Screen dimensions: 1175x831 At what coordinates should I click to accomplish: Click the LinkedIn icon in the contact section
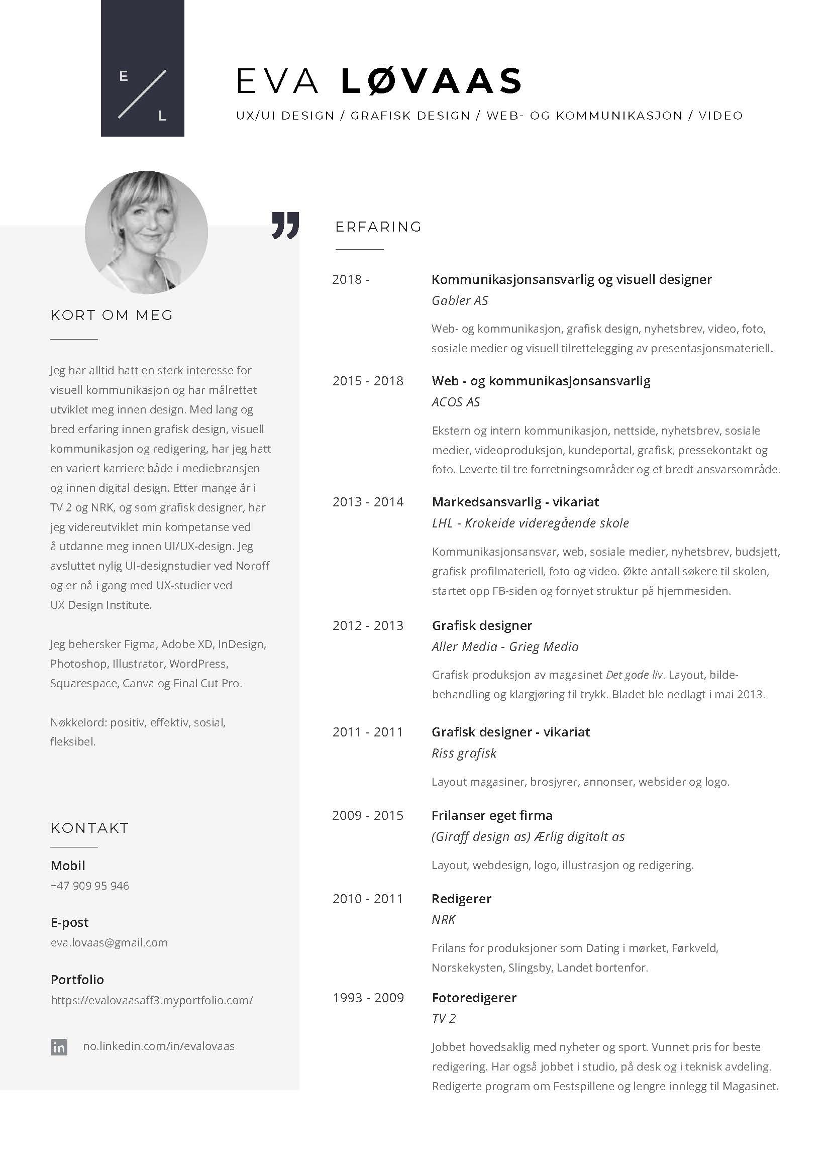(59, 1047)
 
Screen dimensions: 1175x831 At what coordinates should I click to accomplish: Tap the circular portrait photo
(146, 233)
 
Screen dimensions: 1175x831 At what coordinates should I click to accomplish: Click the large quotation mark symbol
(285, 225)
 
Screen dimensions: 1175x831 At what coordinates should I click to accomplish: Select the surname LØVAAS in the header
(431, 82)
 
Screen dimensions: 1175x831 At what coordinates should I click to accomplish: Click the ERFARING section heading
(378, 227)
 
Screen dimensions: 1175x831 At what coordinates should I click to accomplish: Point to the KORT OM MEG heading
(112, 315)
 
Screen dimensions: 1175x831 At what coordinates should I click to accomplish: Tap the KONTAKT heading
(89, 828)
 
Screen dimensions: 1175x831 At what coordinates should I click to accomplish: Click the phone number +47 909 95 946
(90, 885)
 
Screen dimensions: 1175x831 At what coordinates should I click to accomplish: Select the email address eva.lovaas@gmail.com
(109, 942)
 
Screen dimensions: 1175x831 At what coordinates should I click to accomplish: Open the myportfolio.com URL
(151, 1000)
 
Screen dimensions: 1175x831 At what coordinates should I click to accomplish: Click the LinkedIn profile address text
(159, 1046)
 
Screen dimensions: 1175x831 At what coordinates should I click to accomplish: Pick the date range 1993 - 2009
(368, 998)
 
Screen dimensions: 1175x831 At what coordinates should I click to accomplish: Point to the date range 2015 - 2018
(368, 381)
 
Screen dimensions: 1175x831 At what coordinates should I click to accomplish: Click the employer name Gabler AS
(460, 300)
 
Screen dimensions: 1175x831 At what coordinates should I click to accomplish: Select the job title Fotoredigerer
(474, 998)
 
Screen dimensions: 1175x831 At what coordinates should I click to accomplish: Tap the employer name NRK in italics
(443, 919)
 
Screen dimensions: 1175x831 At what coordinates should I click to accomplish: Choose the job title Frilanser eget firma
(492, 815)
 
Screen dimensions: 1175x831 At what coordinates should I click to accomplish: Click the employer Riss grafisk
(464, 753)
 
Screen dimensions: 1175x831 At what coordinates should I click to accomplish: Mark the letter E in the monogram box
(123, 76)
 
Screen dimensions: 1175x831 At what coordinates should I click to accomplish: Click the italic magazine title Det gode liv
(634, 675)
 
